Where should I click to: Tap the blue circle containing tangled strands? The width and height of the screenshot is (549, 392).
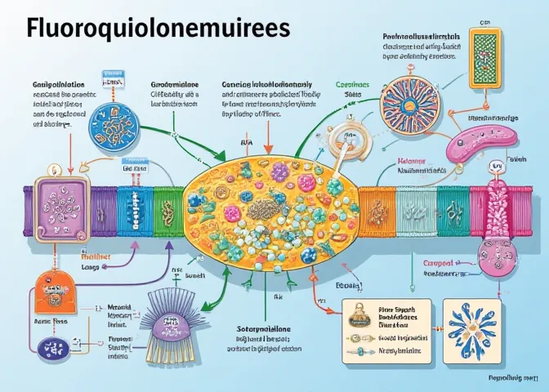point(114,127)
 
